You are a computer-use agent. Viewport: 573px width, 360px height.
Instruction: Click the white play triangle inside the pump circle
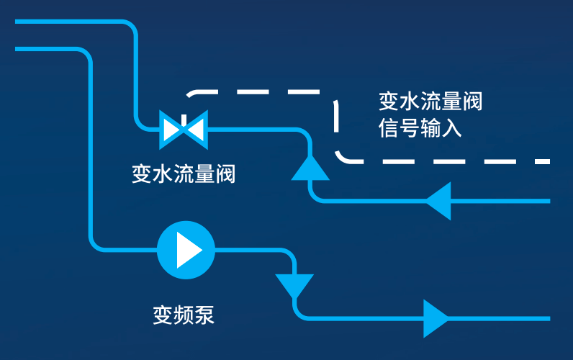(189, 250)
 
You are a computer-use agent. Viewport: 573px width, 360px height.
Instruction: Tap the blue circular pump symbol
(186, 250)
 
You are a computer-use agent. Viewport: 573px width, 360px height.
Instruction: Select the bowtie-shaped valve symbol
(184, 129)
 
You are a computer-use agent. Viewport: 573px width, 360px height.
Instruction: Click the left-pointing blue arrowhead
(438, 200)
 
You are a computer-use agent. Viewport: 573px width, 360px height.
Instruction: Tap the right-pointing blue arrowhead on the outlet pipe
(436, 318)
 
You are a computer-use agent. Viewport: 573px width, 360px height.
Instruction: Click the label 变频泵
(184, 315)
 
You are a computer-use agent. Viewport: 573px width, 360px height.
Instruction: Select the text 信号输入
(420, 129)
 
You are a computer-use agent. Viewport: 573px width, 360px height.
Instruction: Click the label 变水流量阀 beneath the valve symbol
(184, 174)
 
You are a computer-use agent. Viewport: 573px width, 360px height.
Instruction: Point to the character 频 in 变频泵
(184, 315)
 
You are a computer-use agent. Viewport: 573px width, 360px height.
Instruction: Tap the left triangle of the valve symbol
(172, 129)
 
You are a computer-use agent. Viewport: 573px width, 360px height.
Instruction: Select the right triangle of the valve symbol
(195, 129)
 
